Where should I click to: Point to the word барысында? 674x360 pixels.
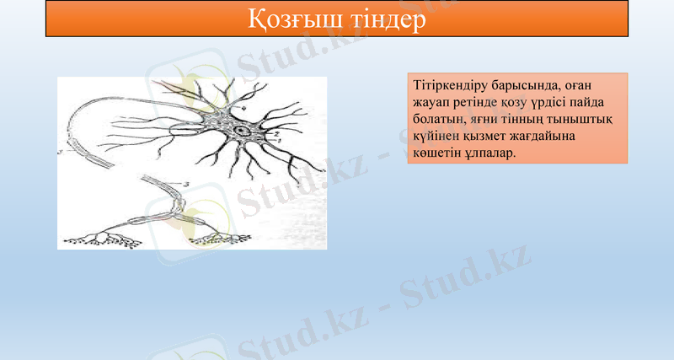[x=523, y=86]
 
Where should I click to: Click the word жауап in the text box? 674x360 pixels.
[x=432, y=103]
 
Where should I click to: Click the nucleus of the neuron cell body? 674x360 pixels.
[x=243, y=132]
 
